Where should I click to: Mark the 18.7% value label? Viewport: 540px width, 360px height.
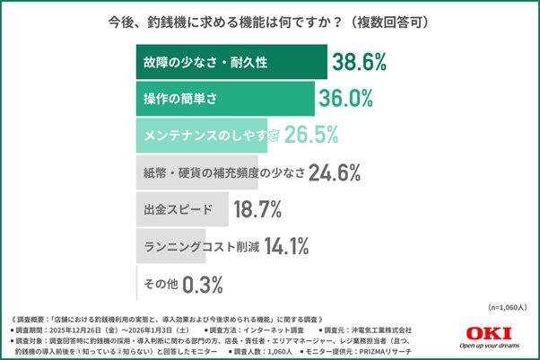pyautogui.click(x=257, y=210)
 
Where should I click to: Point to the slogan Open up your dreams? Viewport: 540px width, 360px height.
pyautogui.click(x=492, y=347)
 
